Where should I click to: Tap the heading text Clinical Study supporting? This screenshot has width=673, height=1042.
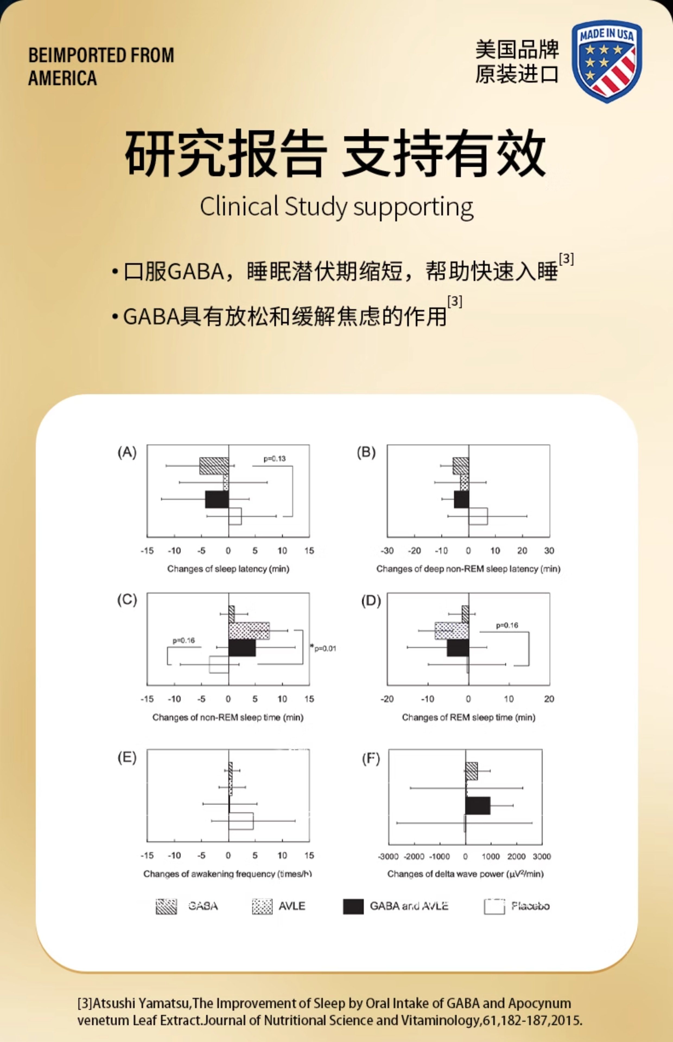click(336, 207)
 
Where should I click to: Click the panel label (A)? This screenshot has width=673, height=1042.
click(127, 452)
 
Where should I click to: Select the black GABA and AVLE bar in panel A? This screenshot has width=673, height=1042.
click(217, 499)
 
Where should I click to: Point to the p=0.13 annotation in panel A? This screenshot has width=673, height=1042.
click(274, 458)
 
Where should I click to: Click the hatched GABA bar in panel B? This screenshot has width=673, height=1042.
click(461, 466)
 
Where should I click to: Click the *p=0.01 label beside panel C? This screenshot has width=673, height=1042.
click(323, 648)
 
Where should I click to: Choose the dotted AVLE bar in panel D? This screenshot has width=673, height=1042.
click(452, 630)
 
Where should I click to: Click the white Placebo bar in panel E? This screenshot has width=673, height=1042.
click(241, 821)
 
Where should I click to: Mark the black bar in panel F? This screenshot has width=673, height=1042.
click(478, 805)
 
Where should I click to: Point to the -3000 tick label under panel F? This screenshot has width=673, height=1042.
click(388, 856)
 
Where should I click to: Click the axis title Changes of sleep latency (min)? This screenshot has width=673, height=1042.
click(228, 569)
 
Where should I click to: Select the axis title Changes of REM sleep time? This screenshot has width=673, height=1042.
click(468, 717)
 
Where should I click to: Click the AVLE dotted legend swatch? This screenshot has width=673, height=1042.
click(262, 906)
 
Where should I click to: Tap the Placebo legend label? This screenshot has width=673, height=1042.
click(530, 906)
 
